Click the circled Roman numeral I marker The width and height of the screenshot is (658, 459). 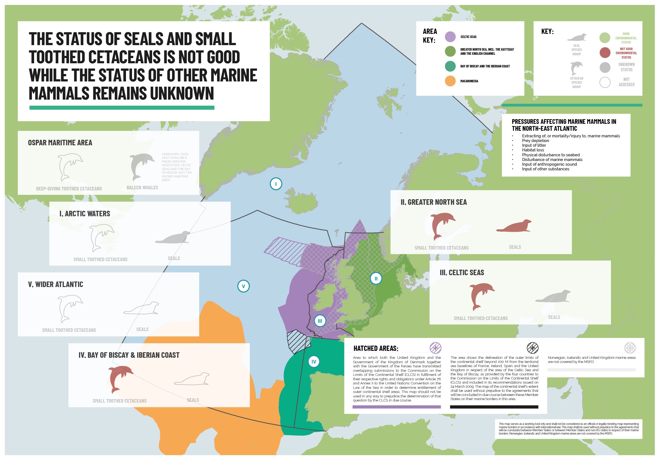(x=276, y=184)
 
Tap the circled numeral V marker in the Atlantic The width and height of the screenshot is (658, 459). (x=243, y=286)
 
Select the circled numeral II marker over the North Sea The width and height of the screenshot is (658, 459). (x=376, y=278)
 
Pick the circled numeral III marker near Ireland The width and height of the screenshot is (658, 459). (x=320, y=321)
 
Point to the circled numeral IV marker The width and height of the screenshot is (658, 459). (x=314, y=362)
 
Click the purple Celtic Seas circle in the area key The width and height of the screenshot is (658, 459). (x=450, y=37)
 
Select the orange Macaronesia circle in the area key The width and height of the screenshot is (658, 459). (x=450, y=81)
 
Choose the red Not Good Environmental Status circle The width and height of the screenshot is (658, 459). (x=605, y=53)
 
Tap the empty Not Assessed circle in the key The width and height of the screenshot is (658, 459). (x=605, y=82)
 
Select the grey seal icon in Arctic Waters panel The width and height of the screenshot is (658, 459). (x=173, y=237)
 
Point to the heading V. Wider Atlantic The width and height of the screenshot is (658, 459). (x=56, y=285)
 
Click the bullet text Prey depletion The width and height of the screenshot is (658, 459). (x=535, y=141)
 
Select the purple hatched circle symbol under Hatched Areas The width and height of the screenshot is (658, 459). (x=435, y=348)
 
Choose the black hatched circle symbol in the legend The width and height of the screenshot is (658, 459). (x=533, y=348)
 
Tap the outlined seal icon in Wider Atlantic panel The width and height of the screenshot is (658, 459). (x=141, y=308)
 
